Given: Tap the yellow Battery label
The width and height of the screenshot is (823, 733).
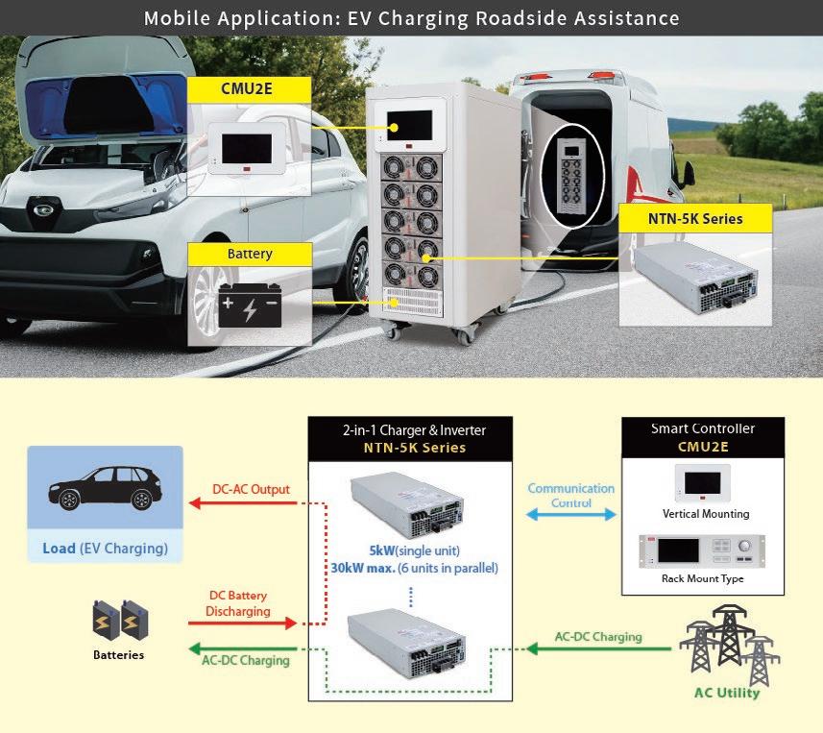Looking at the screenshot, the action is click(250, 255).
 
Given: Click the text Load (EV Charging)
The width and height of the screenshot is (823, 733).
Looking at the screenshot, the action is click(105, 550).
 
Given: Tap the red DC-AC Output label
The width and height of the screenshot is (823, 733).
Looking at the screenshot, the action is click(251, 489).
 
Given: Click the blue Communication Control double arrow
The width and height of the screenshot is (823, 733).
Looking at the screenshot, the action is click(571, 515).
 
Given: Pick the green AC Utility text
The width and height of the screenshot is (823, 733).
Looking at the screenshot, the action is click(726, 693).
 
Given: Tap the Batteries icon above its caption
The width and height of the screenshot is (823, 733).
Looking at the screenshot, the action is click(120, 622).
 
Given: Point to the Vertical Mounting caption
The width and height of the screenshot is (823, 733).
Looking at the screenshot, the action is click(706, 514).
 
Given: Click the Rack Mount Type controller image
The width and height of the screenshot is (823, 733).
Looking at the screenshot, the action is click(702, 552).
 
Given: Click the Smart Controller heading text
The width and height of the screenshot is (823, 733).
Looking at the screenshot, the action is click(703, 428).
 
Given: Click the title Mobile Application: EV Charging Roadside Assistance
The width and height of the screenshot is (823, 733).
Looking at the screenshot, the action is click(411, 18).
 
